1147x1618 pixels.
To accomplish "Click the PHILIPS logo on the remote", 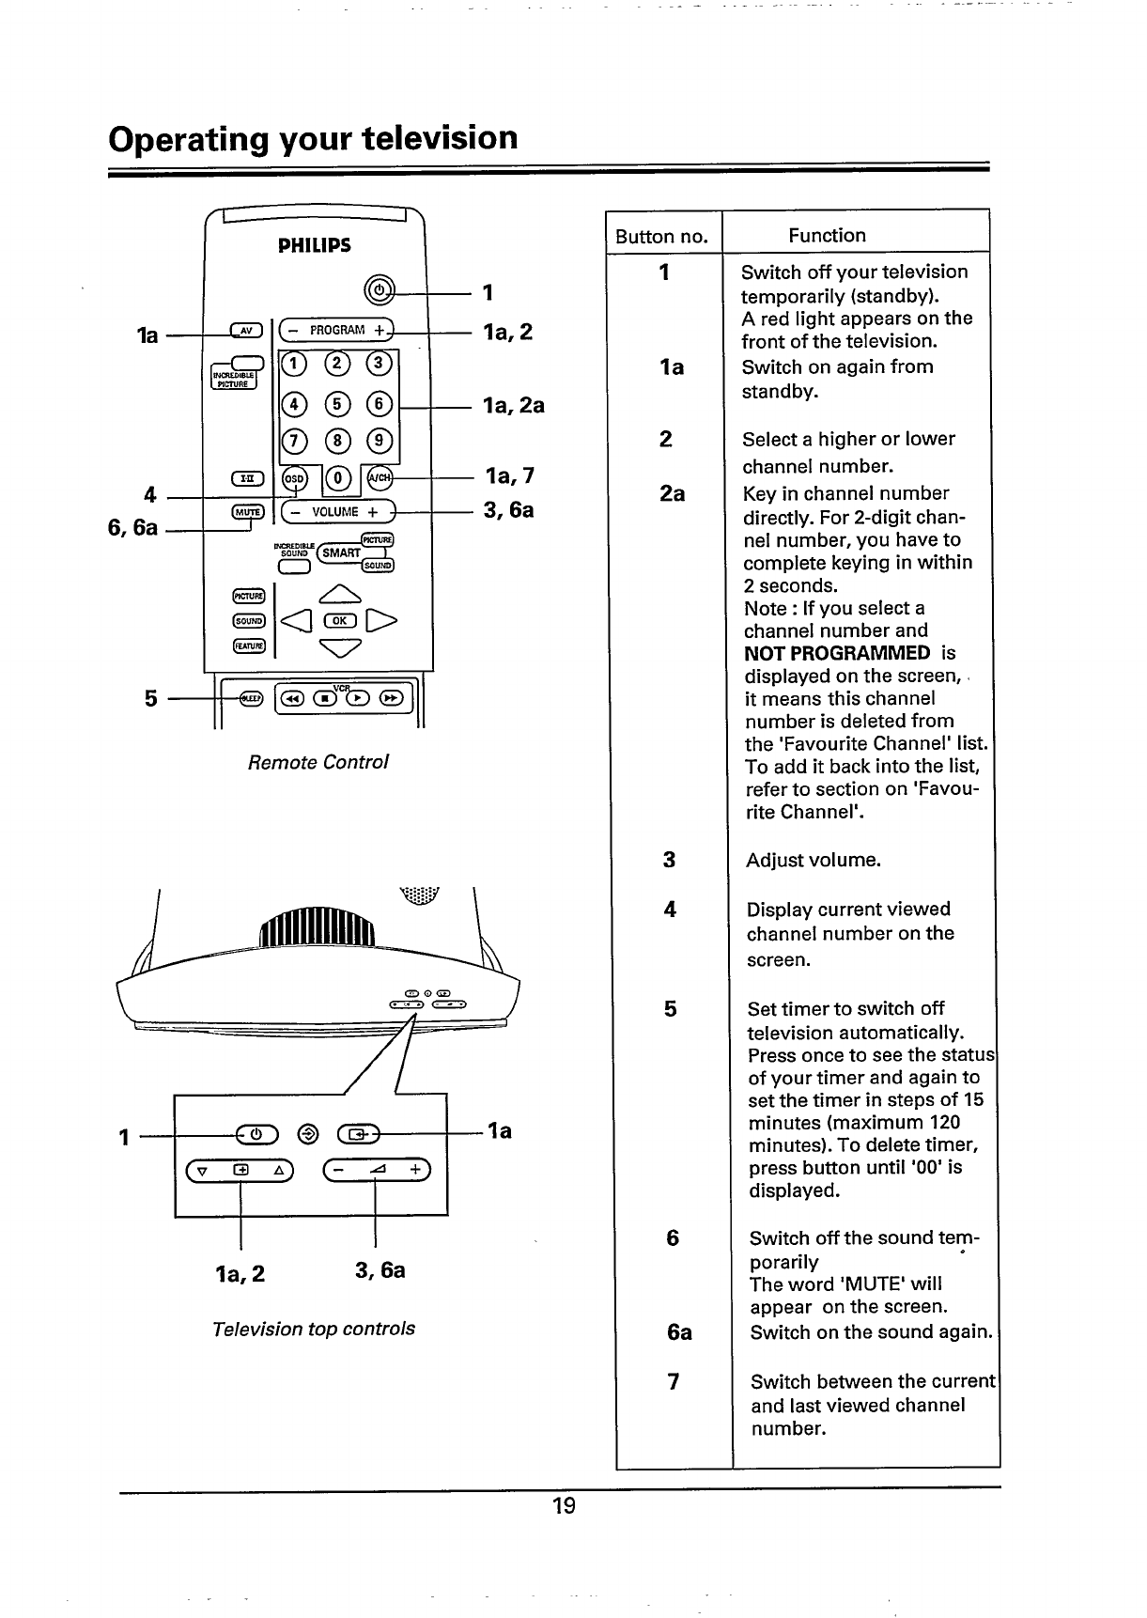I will pos(315,246).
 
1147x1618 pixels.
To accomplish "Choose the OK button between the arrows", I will pos(336,620).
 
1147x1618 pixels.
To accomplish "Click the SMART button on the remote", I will pos(341,552).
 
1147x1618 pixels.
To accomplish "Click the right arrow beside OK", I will pos(384,620).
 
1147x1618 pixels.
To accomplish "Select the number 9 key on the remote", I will pos(380,440).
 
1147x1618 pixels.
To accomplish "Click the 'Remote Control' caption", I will pos(318,762).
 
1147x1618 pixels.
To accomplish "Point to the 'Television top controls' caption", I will pos(314,1329).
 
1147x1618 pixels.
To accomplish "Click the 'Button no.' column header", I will pos(661,237).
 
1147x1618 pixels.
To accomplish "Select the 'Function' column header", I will pos(827,236).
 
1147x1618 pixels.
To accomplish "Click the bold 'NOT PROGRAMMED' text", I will pos(836,654).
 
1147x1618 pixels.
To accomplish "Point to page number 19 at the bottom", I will pos(564,1506).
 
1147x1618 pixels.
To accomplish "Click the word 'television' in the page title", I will pos(440,138).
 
